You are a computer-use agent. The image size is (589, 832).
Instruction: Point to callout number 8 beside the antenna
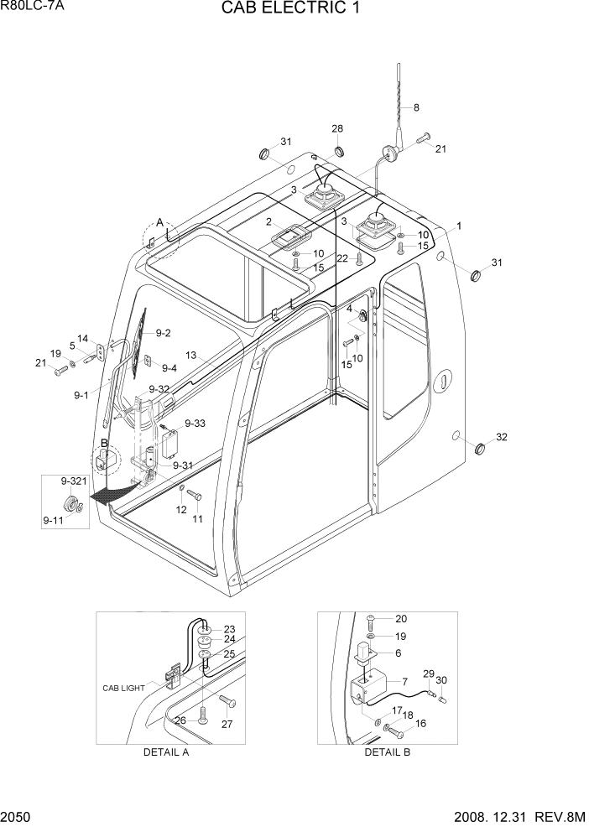click(415, 107)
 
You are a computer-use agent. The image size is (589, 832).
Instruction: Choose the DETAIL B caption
click(387, 751)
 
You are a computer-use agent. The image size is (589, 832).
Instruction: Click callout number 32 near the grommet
click(502, 437)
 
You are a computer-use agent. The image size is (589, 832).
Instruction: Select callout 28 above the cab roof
click(337, 128)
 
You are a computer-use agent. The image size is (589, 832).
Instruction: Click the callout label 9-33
click(195, 424)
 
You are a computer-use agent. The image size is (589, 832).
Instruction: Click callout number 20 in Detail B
click(400, 619)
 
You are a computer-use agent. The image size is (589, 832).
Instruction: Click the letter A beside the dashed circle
click(159, 222)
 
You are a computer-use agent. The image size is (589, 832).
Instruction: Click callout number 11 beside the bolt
click(198, 519)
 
